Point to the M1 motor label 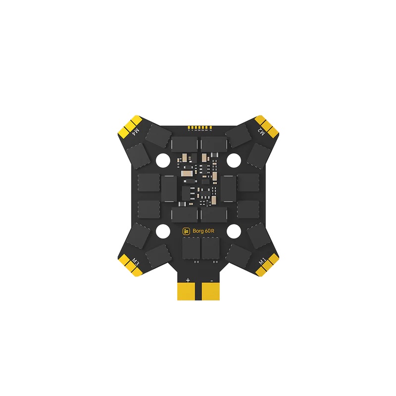(261, 259)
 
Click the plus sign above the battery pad (188, 280)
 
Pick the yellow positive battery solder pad (188, 292)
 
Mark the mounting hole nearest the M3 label (162, 231)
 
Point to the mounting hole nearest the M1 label (234, 231)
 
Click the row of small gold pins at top (198, 127)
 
